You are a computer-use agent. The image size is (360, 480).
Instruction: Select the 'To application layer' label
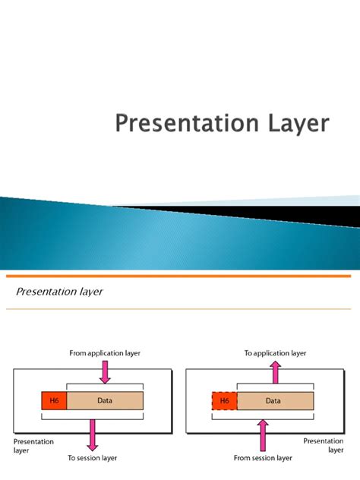pyautogui.click(x=275, y=353)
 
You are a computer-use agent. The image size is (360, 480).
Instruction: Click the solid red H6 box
pyautogui.click(x=54, y=400)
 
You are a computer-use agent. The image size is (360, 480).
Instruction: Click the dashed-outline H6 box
pyautogui.click(x=225, y=400)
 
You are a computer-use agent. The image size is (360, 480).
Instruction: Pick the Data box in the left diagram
pyautogui.click(x=104, y=400)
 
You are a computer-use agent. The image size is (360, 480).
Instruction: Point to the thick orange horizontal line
pyautogui.click(x=180, y=276)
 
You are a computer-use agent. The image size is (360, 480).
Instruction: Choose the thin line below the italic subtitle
pyautogui.click(x=180, y=309)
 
